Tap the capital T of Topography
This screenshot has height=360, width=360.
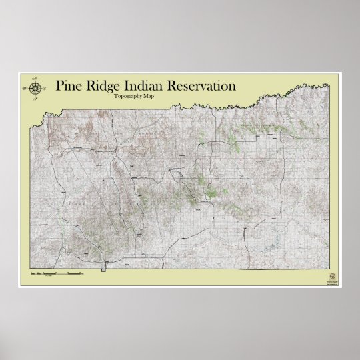pos(116,97)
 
